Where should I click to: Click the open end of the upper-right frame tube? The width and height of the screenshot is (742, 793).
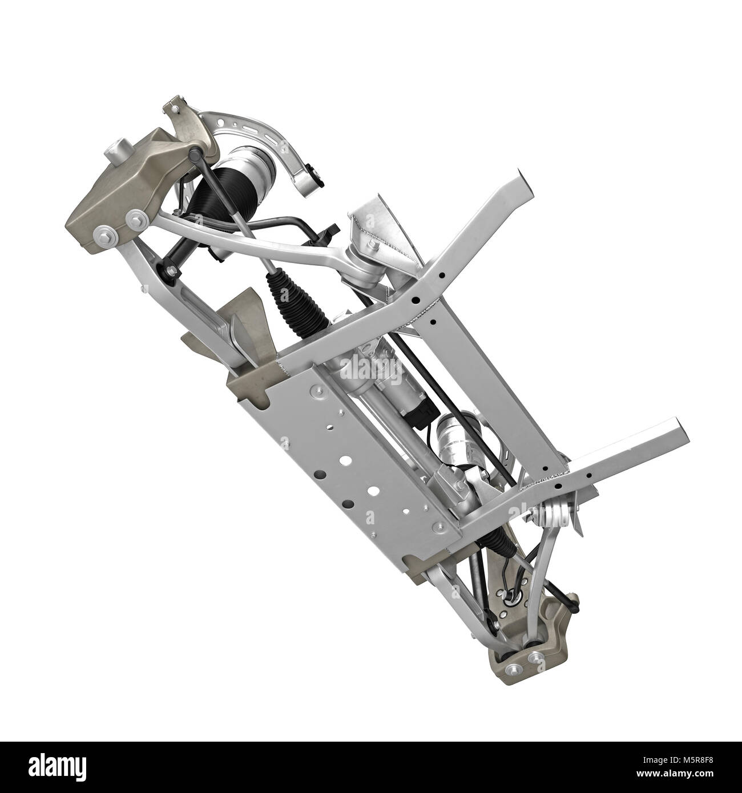tap(523, 183)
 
